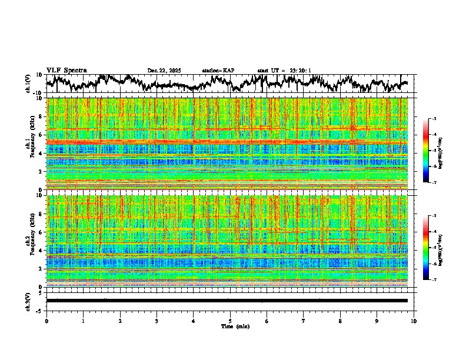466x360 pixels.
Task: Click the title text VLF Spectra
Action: coord(66,70)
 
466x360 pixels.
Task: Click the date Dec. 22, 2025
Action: coord(164,71)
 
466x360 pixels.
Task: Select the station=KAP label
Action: coord(218,71)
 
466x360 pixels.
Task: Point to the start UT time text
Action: coord(284,71)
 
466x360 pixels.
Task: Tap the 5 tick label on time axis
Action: coord(230,321)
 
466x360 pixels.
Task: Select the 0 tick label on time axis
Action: coord(46,321)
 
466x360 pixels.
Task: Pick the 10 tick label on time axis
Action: coord(414,321)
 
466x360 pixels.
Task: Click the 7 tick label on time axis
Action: coord(304,321)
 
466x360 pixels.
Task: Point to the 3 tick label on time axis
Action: coord(157,321)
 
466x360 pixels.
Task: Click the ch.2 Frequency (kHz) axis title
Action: coord(34,241)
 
